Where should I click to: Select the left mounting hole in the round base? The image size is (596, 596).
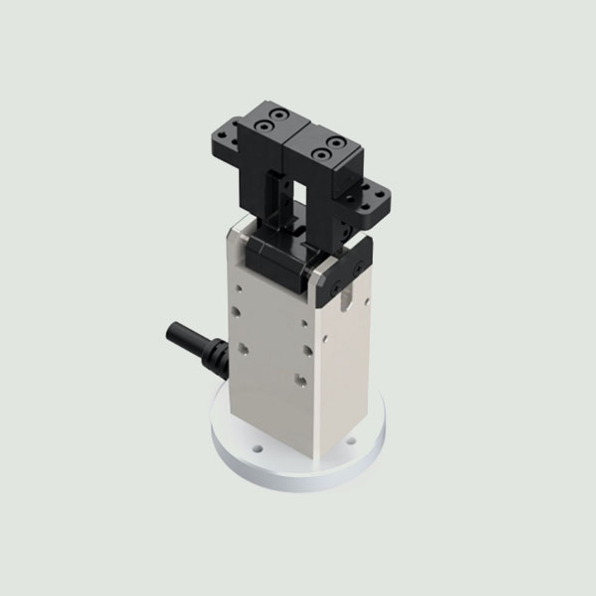[257, 448]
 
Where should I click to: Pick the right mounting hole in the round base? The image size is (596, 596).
[351, 441]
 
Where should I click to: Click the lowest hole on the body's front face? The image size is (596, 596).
[302, 379]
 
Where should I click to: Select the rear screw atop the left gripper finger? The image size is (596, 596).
[277, 113]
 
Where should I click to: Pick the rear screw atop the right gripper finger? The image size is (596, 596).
[338, 143]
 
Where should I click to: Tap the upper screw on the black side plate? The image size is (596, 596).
[358, 269]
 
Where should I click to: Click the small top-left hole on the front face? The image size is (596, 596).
[239, 288]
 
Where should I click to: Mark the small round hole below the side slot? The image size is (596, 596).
[325, 339]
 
